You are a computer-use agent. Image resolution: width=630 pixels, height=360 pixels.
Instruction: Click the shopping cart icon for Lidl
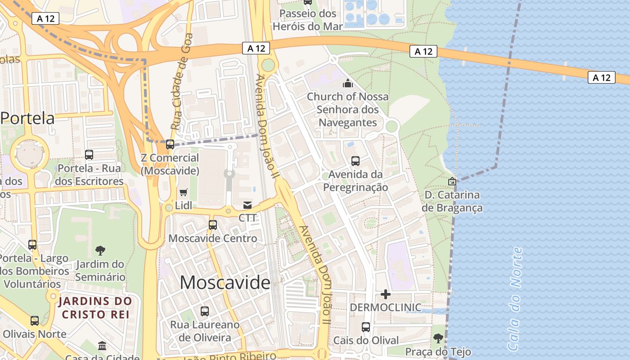click(183, 193)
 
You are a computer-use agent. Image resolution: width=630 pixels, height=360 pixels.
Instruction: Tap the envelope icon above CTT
click(247, 205)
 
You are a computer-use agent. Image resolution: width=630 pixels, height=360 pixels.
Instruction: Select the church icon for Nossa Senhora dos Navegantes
click(347, 83)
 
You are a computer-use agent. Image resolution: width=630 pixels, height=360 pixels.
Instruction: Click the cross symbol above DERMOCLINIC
click(386, 294)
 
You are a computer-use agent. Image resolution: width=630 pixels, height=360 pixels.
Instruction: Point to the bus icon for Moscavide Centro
click(213, 225)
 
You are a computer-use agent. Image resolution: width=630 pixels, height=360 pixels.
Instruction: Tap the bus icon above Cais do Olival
click(366, 327)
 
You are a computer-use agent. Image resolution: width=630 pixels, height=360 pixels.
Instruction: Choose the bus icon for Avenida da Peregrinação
click(355, 161)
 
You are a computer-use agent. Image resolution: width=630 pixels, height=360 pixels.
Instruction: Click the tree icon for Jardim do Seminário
click(100, 251)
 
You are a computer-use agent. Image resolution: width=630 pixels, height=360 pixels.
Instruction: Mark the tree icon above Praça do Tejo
click(438, 338)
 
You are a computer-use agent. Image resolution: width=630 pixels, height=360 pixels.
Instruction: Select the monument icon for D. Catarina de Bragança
click(452, 181)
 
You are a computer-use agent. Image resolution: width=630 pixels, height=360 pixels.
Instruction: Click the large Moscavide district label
click(225, 283)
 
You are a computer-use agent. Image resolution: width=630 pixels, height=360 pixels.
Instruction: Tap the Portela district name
click(27, 118)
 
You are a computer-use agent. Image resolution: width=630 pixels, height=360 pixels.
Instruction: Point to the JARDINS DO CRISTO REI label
click(95, 307)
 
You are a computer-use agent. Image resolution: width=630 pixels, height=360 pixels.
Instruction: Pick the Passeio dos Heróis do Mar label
click(308, 20)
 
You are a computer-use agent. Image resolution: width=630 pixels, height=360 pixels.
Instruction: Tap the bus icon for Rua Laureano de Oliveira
click(205, 311)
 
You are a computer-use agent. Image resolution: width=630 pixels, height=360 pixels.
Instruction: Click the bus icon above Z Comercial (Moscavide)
click(170, 144)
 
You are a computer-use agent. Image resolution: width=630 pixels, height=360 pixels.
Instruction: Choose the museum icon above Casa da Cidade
click(102, 346)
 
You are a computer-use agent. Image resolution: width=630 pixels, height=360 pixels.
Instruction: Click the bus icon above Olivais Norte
click(35, 321)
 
